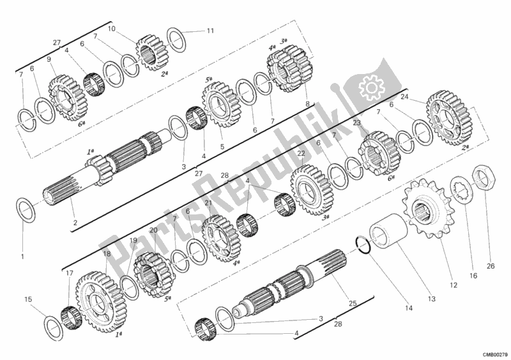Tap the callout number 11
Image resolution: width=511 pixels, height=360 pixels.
pyautogui.click(x=210, y=30)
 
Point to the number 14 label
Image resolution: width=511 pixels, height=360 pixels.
pyautogui.click(x=408, y=308)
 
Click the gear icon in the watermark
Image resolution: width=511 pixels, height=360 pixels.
pyautogui.click(x=369, y=86)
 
